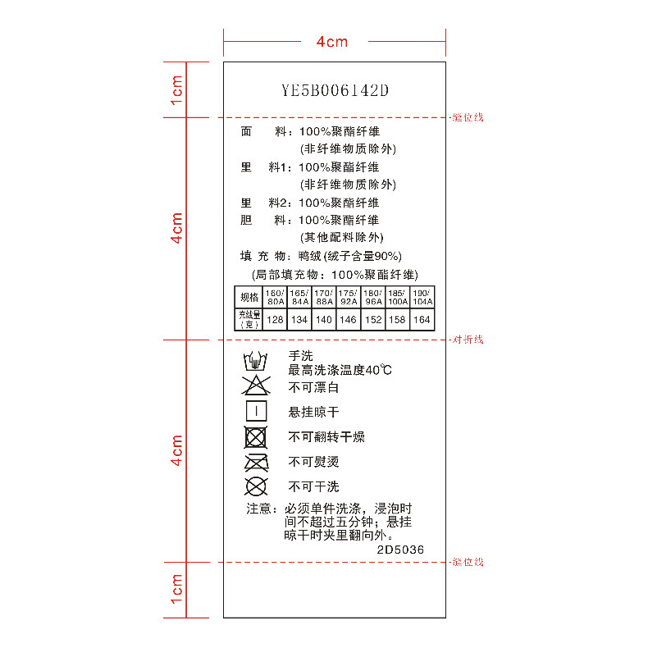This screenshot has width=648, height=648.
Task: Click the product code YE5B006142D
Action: pos(335,90)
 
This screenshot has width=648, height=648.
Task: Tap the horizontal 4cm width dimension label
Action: pos(332,42)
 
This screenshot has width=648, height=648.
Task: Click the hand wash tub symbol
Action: pos(256,361)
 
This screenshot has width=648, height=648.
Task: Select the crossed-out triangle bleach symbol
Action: pos(256,386)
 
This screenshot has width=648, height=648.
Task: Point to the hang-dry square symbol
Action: pos(256,411)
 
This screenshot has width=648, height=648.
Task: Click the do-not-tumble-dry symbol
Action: pos(256,436)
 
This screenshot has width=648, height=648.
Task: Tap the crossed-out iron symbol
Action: pos(256,461)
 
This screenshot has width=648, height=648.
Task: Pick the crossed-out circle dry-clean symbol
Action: pos(256,486)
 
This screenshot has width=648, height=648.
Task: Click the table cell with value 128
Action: pos(275,319)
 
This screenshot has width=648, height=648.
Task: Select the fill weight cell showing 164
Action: pos(422,319)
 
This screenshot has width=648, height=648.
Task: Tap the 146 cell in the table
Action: pos(349,319)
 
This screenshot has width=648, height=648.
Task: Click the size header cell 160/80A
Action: pos(275,297)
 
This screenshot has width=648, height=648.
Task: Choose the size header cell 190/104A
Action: pos(422,297)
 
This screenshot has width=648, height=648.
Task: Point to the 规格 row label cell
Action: pos(249,297)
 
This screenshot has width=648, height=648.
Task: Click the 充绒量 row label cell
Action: pos(249,319)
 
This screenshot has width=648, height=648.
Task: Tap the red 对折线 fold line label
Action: pos(468,340)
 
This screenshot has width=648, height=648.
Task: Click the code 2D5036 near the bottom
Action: pos(400,550)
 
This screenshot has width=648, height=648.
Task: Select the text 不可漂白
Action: pos(313,387)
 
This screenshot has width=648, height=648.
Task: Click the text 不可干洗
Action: pos(313,486)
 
